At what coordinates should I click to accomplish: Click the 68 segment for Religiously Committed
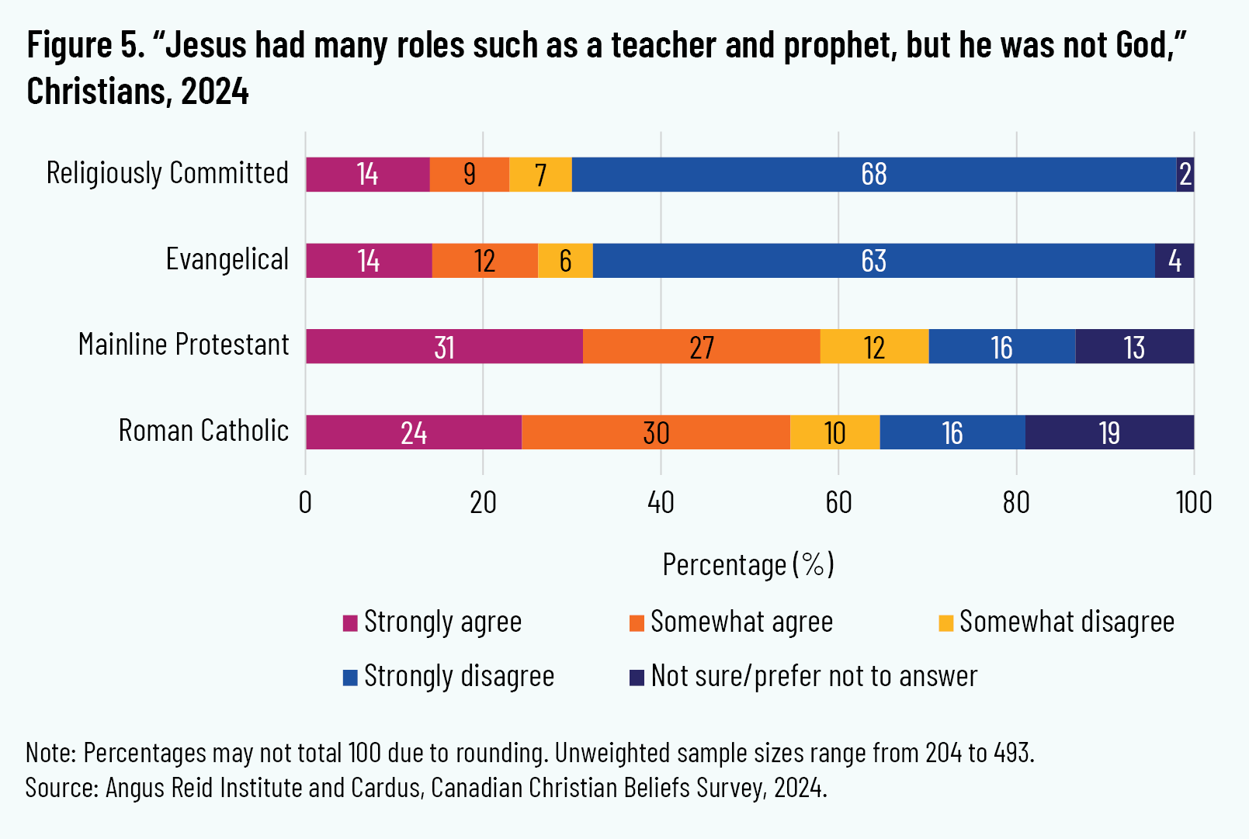(874, 175)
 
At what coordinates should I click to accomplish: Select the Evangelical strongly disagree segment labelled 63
(874, 261)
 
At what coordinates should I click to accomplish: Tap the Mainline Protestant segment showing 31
(444, 346)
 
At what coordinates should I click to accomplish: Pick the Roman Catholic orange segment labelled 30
(656, 432)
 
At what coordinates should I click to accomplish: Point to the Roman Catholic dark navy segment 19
(1109, 432)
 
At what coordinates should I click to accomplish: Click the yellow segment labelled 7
(540, 175)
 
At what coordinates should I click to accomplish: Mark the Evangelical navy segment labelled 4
(1174, 261)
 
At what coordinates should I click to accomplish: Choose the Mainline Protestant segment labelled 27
(702, 346)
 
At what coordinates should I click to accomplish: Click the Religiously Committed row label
(168, 173)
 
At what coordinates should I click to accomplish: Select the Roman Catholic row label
(203, 431)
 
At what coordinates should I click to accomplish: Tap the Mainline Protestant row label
(184, 345)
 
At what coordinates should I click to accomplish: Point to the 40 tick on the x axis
(661, 503)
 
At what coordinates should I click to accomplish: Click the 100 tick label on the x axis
(1193, 503)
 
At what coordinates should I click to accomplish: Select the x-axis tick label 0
(305, 503)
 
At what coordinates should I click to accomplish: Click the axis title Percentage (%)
(748, 564)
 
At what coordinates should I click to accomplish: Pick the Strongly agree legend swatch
(350, 623)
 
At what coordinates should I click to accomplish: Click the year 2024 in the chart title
(215, 92)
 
